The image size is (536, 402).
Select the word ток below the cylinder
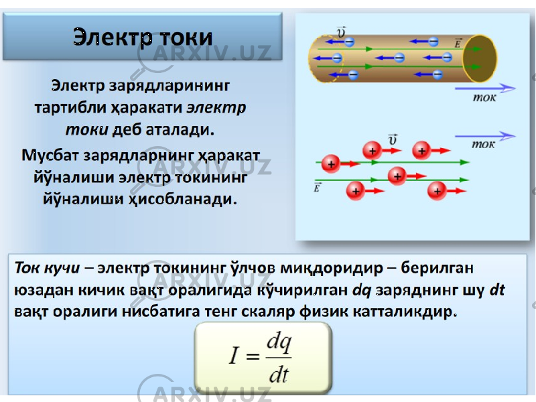coord(484,98)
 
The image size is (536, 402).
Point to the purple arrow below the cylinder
coord(485,88)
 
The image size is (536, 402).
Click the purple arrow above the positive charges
coord(485,136)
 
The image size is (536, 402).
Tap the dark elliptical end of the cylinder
coord(480,58)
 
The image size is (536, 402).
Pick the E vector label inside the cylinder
coord(458,44)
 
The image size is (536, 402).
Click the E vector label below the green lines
coord(317,188)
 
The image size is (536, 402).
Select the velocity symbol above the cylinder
coord(341,31)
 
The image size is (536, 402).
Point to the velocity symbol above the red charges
coord(393,139)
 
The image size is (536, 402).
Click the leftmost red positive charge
coord(331,164)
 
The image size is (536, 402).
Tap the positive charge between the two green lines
coord(397,176)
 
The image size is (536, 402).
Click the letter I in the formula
coord(233,356)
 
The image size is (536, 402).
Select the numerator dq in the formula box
coord(279,343)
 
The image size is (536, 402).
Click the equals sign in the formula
coord(253,356)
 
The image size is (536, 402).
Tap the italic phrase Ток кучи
coord(47,268)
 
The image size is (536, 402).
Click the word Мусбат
coord(51,155)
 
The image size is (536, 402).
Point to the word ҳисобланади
coord(182,199)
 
